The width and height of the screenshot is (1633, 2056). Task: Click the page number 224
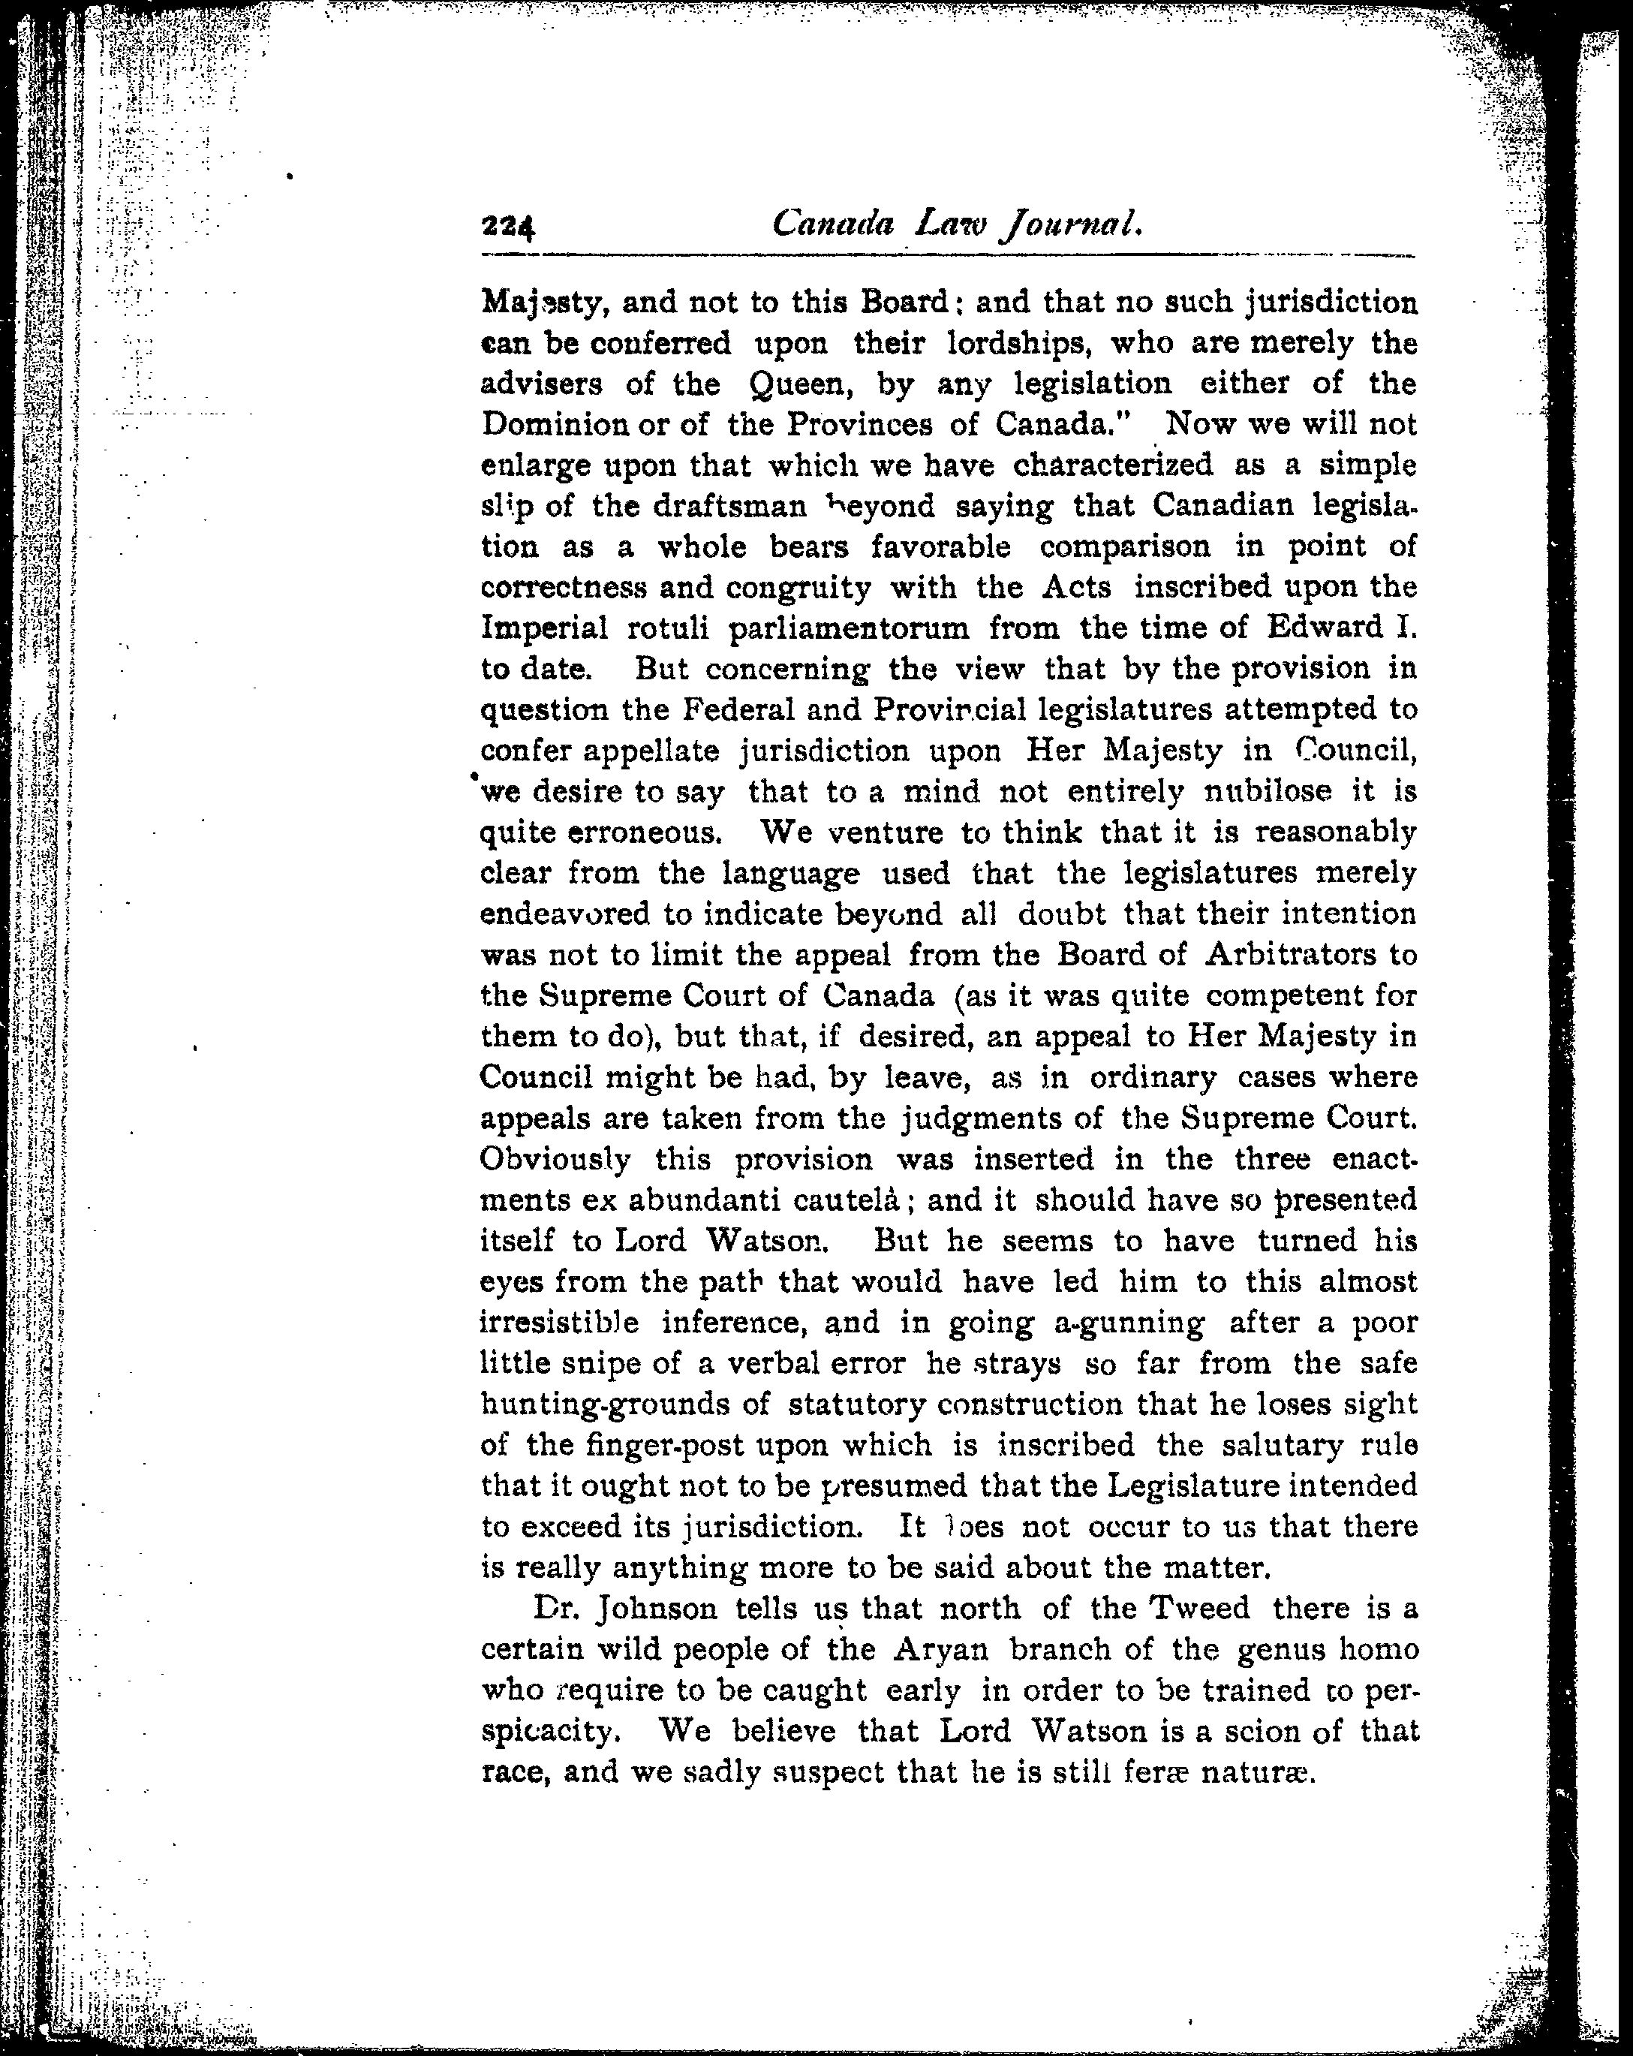[x=509, y=227]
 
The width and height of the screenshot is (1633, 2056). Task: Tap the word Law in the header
[x=948, y=224]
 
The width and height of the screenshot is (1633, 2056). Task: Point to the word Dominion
[x=551, y=423]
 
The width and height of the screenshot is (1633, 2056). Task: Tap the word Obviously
[x=555, y=1160]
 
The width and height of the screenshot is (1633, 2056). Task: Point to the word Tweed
[x=1200, y=1609]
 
